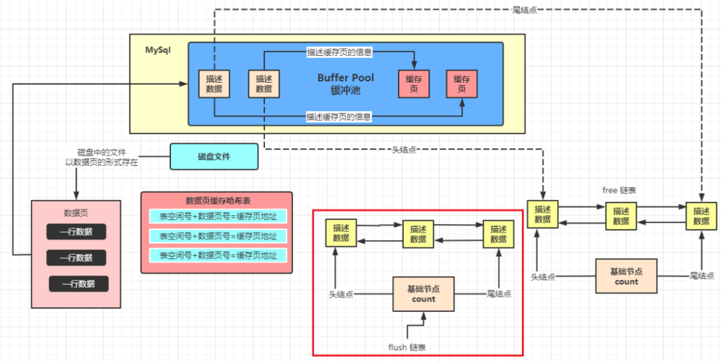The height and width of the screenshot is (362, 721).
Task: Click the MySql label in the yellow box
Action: pos(158,49)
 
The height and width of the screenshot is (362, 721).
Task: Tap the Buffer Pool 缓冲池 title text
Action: pos(346,84)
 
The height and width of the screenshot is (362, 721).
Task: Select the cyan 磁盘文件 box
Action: pos(214,157)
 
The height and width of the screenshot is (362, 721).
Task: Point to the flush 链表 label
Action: pos(407,347)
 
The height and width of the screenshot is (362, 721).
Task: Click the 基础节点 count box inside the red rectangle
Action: pos(423,293)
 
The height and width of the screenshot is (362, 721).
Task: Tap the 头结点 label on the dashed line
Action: pos(404,150)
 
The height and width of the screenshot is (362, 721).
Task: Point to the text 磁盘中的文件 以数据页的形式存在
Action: pos(101,157)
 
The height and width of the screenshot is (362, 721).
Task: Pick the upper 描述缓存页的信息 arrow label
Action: pos(339,53)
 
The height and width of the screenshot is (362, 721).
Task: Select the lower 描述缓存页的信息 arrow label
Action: pos(338,117)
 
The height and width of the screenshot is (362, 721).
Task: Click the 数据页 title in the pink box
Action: pos(76,213)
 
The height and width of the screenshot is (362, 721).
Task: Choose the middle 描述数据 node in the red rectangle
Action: pos(419,234)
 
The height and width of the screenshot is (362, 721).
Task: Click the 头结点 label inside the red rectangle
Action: pos(341,294)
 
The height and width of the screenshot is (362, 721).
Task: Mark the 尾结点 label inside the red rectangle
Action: pos(499,293)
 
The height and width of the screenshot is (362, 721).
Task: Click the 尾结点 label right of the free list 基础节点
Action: pos(702,275)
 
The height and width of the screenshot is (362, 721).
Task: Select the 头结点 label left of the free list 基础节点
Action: pos(543,277)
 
